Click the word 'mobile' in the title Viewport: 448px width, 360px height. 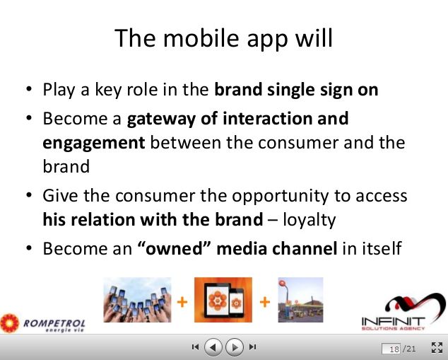[x=201, y=38]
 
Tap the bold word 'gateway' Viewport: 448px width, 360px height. [x=161, y=120]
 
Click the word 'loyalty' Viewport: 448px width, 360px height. [x=309, y=220]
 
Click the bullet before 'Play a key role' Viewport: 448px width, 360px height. [x=29, y=89]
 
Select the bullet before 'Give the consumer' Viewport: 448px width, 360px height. [x=29, y=196]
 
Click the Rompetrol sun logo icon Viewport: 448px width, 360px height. [x=10, y=323]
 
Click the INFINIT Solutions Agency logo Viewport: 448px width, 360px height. [x=403, y=312]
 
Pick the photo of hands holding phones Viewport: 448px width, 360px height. [x=137, y=300]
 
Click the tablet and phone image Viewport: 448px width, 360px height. [x=223, y=300]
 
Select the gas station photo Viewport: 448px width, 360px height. [x=300, y=300]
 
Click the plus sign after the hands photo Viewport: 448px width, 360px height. [x=182, y=302]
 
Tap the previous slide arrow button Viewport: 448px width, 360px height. [x=213, y=347]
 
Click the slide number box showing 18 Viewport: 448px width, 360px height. [x=391, y=349]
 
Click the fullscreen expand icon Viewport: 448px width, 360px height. [x=437, y=348]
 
